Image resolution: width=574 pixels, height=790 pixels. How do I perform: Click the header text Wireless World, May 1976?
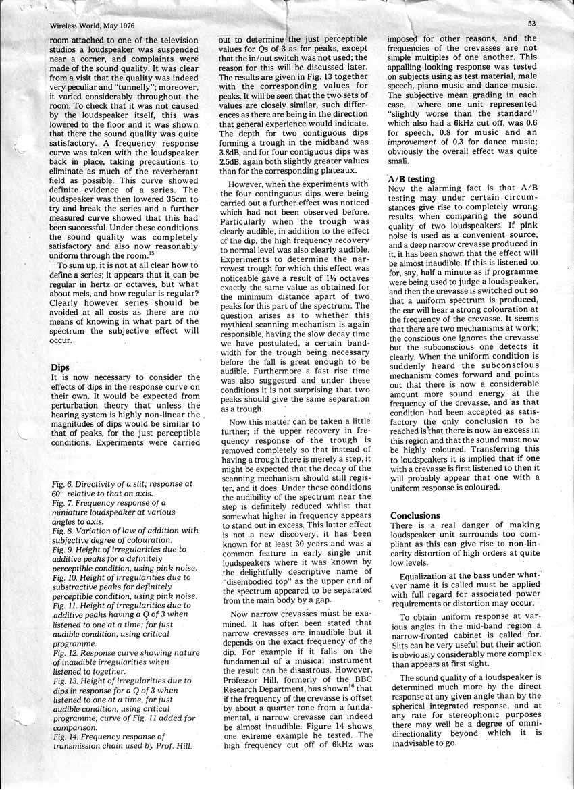(x=93, y=26)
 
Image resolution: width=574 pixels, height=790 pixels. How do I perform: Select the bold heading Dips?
(x=61, y=367)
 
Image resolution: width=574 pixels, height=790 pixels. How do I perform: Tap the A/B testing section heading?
(x=412, y=179)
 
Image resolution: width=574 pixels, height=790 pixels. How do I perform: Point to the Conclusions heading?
(x=415, y=515)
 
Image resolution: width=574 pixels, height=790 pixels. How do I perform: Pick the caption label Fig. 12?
(x=66, y=653)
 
